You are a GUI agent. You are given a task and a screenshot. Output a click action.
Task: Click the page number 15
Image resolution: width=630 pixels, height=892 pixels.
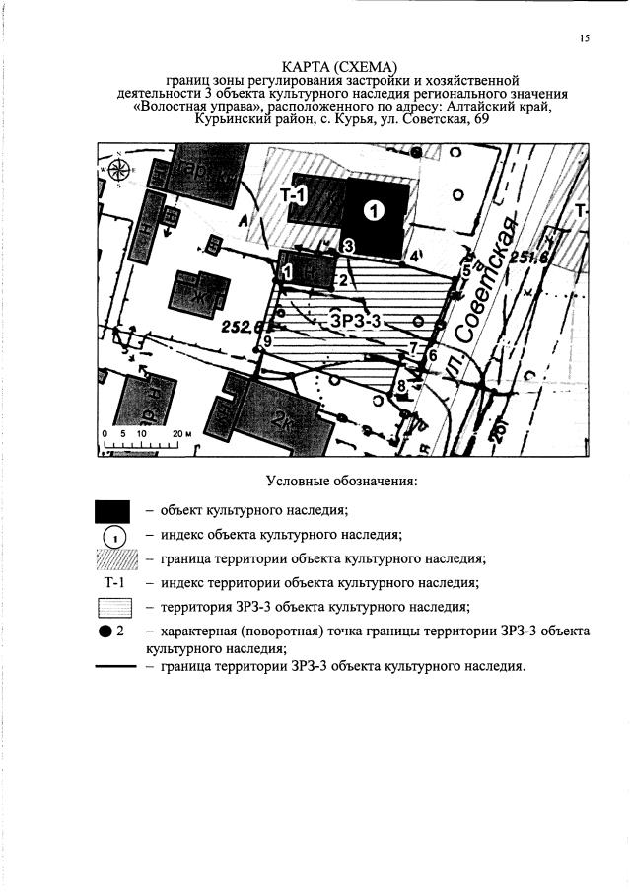584,38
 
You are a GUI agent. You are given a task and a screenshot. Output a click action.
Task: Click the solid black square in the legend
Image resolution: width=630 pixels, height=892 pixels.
112,511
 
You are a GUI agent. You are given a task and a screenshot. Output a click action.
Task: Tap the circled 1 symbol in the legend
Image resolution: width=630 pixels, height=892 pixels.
112,536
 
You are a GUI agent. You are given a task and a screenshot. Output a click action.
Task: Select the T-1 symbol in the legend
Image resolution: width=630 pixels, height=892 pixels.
112,582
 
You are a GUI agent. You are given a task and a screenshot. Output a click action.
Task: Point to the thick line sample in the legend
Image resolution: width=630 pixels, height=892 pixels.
113,667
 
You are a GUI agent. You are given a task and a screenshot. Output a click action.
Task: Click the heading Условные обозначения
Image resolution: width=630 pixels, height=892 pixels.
342,482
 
